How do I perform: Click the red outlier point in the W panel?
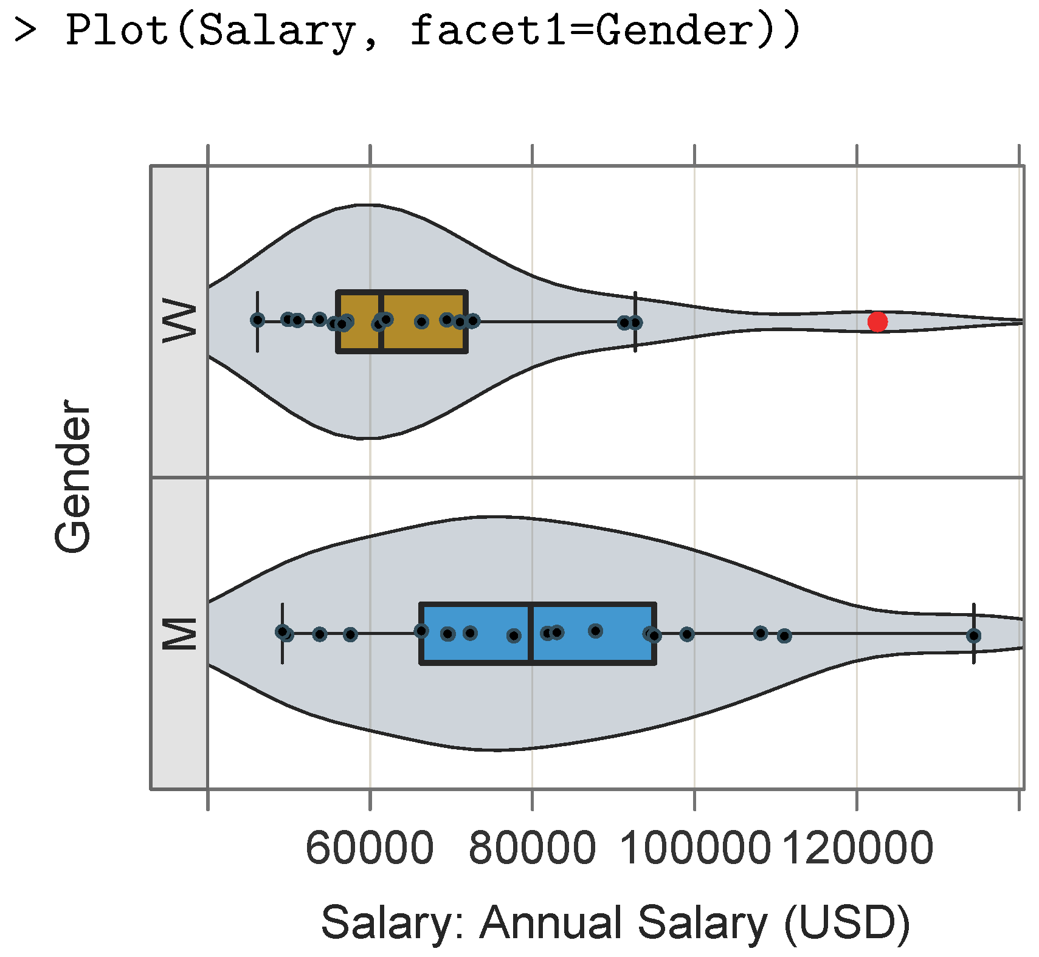coord(877,321)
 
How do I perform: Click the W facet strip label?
coord(180,320)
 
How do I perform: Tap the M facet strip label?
coord(180,633)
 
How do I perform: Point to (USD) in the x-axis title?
coord(847,922)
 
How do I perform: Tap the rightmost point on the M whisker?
coord(973,636)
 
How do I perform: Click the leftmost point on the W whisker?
coord(258,320)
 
